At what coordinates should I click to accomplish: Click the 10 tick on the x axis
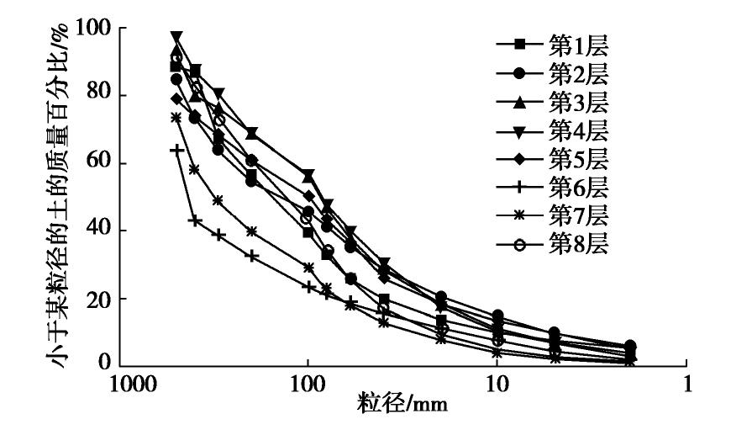coord(497,383)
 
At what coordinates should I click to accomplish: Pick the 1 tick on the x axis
coord(687,383)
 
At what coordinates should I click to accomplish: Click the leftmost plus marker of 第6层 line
coord(176,150)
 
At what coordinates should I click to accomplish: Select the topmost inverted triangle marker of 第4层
coord(176,37)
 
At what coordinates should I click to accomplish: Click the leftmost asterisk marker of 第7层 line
coord(176,118)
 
